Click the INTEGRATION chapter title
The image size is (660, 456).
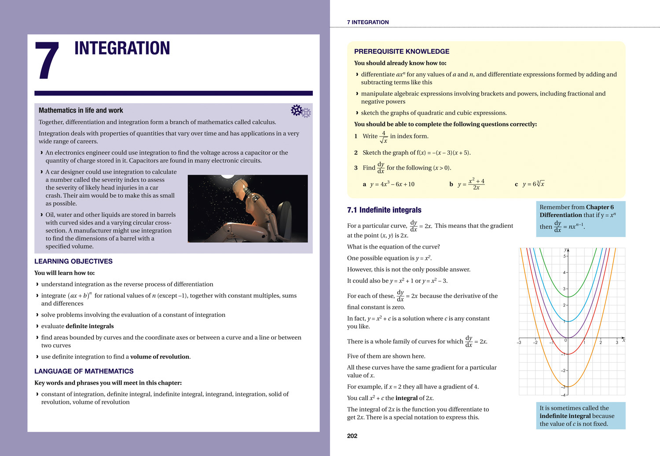[x=122, y=48]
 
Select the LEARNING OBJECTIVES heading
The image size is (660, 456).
[x=73, y=261]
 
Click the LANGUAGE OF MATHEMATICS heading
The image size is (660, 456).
[x=84, y=371]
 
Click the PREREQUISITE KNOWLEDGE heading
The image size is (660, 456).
[x=401, y=51]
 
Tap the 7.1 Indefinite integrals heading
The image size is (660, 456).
[x=384, y=210]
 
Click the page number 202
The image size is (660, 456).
[x=352, y=436]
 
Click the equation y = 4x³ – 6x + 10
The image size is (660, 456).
[x=392, y=184]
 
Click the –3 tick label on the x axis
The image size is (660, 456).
[x=519, y=342]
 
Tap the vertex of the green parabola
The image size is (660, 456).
[x=568, y=297]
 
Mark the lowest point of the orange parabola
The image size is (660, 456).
[x=568, y=387]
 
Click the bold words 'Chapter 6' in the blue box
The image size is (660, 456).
[x=600, y=207]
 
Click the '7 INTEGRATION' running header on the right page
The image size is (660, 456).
[x=367, y=22]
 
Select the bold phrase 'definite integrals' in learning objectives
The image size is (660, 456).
[x=90, y=326]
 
